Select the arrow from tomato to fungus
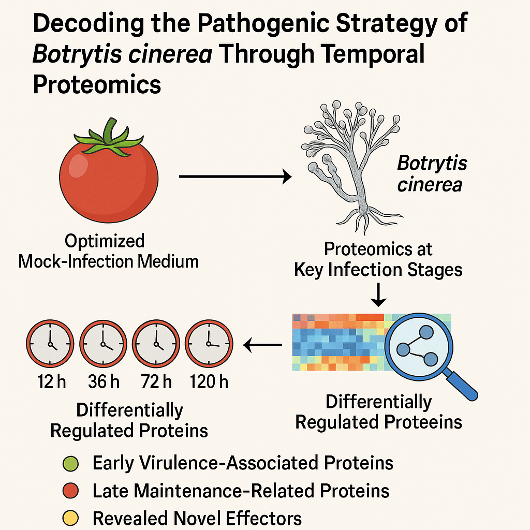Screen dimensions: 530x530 click(x=235, y=177)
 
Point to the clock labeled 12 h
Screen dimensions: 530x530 click(x=51, y=343)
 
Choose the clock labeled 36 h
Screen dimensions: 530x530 click(x=104, y=343)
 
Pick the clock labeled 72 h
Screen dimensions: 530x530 click(x=156, y=343)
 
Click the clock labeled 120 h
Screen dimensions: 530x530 click(x=209, y=343)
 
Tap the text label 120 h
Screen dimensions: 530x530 click(x=209, y=382)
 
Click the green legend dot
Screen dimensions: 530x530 click(x=71, y=463)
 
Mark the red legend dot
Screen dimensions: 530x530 click(x=71, y=491)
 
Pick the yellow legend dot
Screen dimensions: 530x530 click(x=71, y=518)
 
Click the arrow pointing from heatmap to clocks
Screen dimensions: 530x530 click(x=263, y=344)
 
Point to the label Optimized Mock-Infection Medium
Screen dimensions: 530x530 click(x=109, y=251)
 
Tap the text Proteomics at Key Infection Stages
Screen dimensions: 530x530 click(x=378, y=259)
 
